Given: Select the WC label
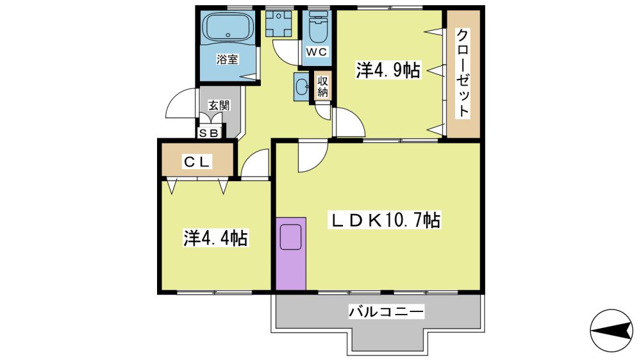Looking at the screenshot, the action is click(x=317, y=52).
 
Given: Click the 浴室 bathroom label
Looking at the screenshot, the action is click(x=228, y=60).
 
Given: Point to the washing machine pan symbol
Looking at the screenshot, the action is click(x=278, y=23).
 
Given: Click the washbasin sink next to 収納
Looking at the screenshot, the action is click(x=303, y=86).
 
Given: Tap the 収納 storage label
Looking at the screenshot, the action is click(x=323, y=86).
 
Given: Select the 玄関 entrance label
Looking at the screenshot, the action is click(x=219, y=106).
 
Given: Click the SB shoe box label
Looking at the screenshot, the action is click(x=208, y=133).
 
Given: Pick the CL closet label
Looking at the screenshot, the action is click(x=197, y=162).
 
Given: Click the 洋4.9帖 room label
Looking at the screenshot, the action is click(x=388, y=70).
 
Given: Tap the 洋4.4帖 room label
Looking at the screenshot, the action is click(x=215, y=238).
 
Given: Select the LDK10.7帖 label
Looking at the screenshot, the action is click(x=385, y=220).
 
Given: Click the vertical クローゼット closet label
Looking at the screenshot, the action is click(x=463, y=74).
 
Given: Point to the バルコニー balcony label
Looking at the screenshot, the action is click(x=387, y=312).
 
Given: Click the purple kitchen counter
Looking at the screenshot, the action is click(x=290, y=254).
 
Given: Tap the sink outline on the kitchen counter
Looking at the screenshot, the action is click(x=290, y=236).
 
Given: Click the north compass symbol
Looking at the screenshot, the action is click(x=611, y=330).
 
